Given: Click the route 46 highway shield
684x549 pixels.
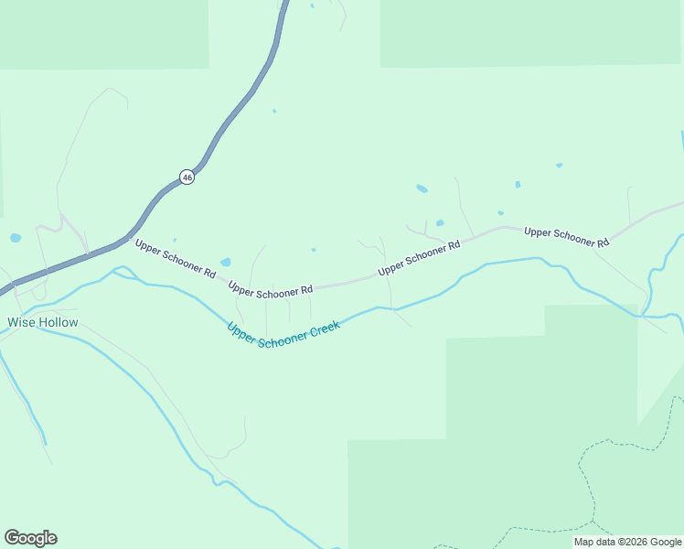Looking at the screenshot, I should (x=187, y=177).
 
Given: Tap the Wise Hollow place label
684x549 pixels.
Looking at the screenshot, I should (x=43, y=322).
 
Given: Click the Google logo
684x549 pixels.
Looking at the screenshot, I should (x=30, y=538).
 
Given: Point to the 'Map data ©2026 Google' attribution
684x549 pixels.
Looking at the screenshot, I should (x=627, y=542).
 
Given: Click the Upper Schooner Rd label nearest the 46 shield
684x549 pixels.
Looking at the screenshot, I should (x=175, y=259).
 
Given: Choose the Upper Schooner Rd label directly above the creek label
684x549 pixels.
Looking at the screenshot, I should (x=271, y=289).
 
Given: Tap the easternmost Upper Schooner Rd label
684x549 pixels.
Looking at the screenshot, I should (x=566, y=237).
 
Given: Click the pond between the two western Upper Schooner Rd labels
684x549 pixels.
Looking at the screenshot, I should (x=226, y=263).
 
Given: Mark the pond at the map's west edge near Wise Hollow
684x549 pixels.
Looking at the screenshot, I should (x=16, y=238).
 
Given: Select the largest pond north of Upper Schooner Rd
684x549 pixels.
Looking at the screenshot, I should (x=422, y=189).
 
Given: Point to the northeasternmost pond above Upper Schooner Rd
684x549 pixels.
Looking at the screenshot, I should (x=559, y=166).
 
